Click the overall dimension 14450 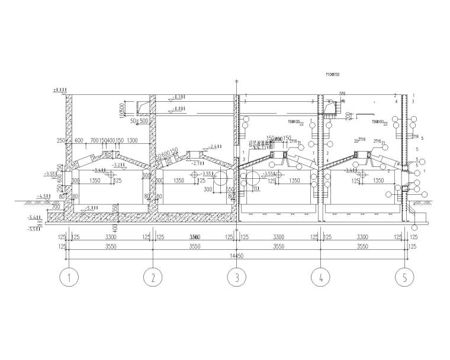point(237,256)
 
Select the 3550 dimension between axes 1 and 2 point(111,246)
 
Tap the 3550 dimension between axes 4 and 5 point(362,246)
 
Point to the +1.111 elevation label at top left point(59,89)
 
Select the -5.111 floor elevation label point(92,208)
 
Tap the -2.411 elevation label point(214,146)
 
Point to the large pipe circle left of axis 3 point(221,178)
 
